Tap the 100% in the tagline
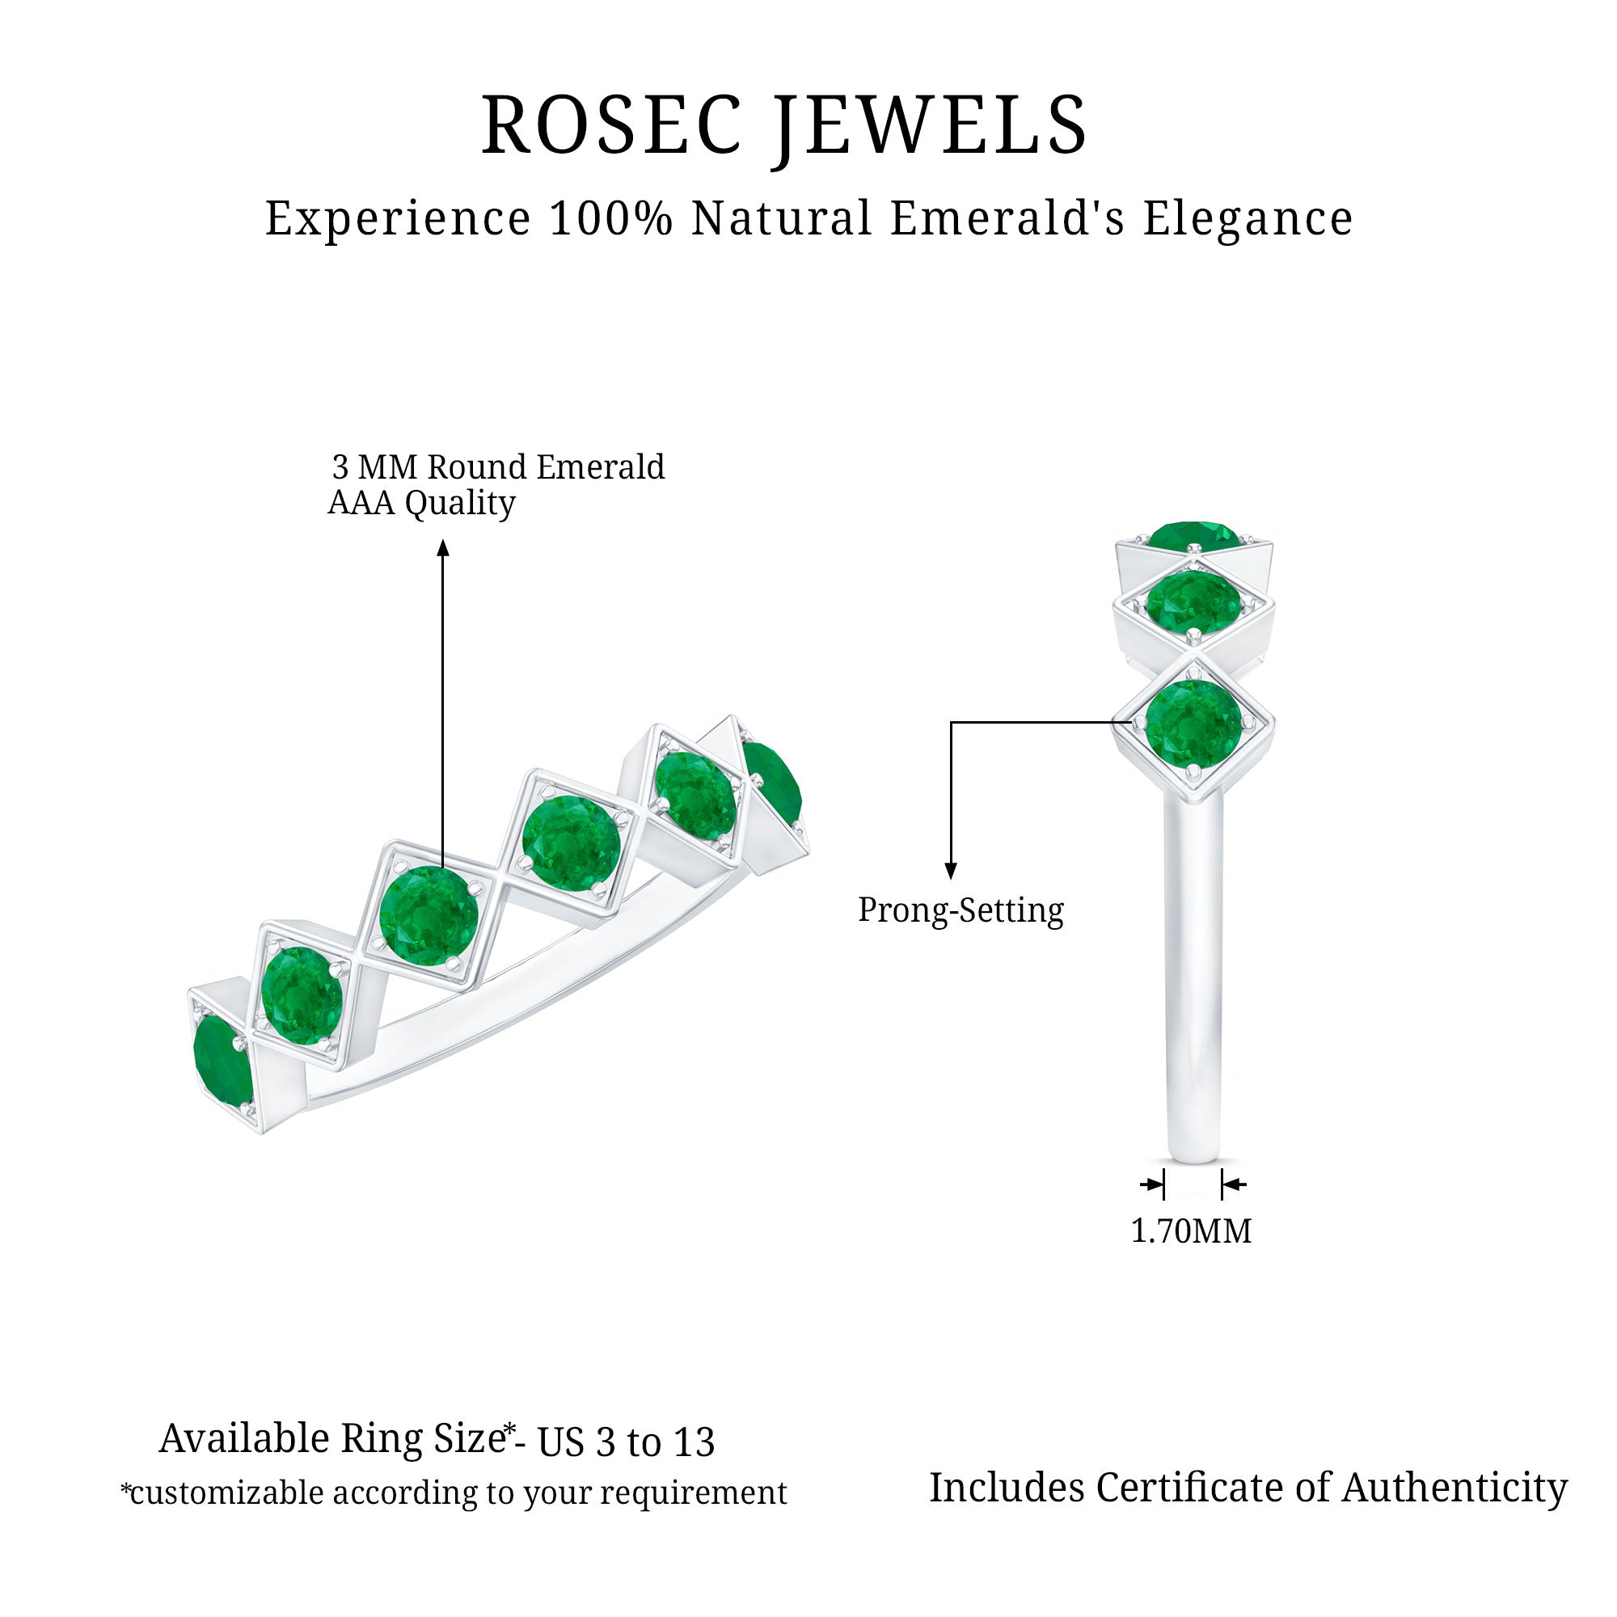click(611, 218)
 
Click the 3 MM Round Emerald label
click(498, 467)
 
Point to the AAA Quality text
click(421, 503)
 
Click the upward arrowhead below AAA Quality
click(444, 547)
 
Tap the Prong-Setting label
click(960, 910)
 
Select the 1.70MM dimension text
click(1191, 1231)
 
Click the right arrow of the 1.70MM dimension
click(1232, 1184)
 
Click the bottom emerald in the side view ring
click(1193, 723)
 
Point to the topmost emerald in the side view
click(1192, 537)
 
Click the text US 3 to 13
click(626, 1442)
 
